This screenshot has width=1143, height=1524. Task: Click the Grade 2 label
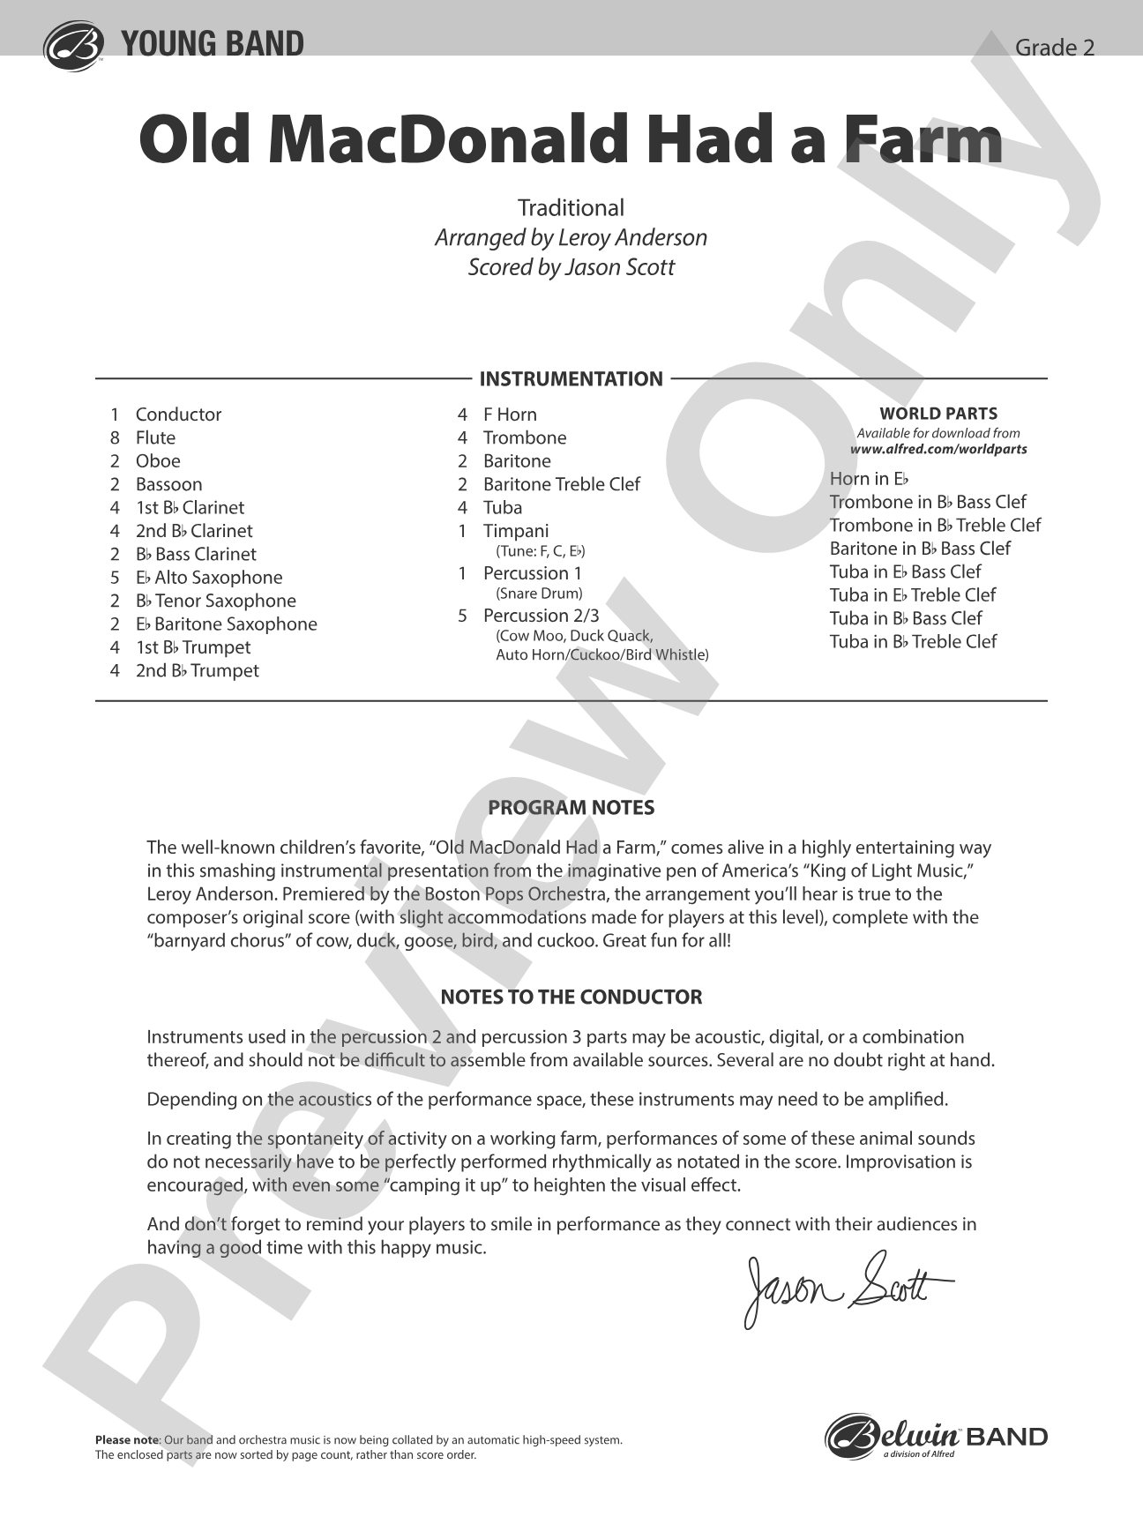pos(1055,48)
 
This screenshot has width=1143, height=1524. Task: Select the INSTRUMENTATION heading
pos(571,379)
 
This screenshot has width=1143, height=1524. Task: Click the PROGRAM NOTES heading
pos(571,808)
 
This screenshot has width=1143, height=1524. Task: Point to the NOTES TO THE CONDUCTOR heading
pos(571,997)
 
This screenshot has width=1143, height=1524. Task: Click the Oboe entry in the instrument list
pos(158,461)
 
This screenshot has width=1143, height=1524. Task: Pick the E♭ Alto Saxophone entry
pos(209,578)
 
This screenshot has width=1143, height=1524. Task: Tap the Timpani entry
pos(516,531)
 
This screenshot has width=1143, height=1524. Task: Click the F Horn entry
pos(510,415)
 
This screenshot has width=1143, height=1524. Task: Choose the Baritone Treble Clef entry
pos(562,484)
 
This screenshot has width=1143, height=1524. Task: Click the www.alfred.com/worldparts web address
pos(938,449)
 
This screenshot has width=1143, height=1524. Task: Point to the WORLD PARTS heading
pos(938,414)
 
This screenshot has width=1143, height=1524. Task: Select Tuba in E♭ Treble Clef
pos(913,595)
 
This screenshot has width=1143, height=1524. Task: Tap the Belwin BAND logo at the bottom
pos(936,1438)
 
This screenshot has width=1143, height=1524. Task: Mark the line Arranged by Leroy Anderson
pos(571,238)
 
